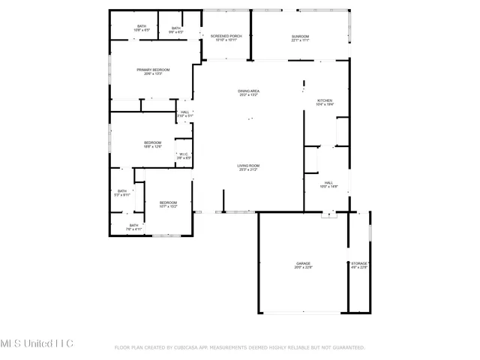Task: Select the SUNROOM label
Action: point(300,37)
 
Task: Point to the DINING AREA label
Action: point(248,91)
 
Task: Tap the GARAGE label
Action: point(303,264)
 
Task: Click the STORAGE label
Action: point(359,264)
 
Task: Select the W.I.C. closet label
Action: point(184,155)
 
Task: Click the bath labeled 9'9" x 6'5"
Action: point(175,28)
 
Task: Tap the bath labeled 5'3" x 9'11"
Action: point(122,191)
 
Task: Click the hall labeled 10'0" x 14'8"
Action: point(328,183)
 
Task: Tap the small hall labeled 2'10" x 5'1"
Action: point(184,113)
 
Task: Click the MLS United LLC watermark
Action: point(37,343)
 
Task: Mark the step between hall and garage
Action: point(328,214)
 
